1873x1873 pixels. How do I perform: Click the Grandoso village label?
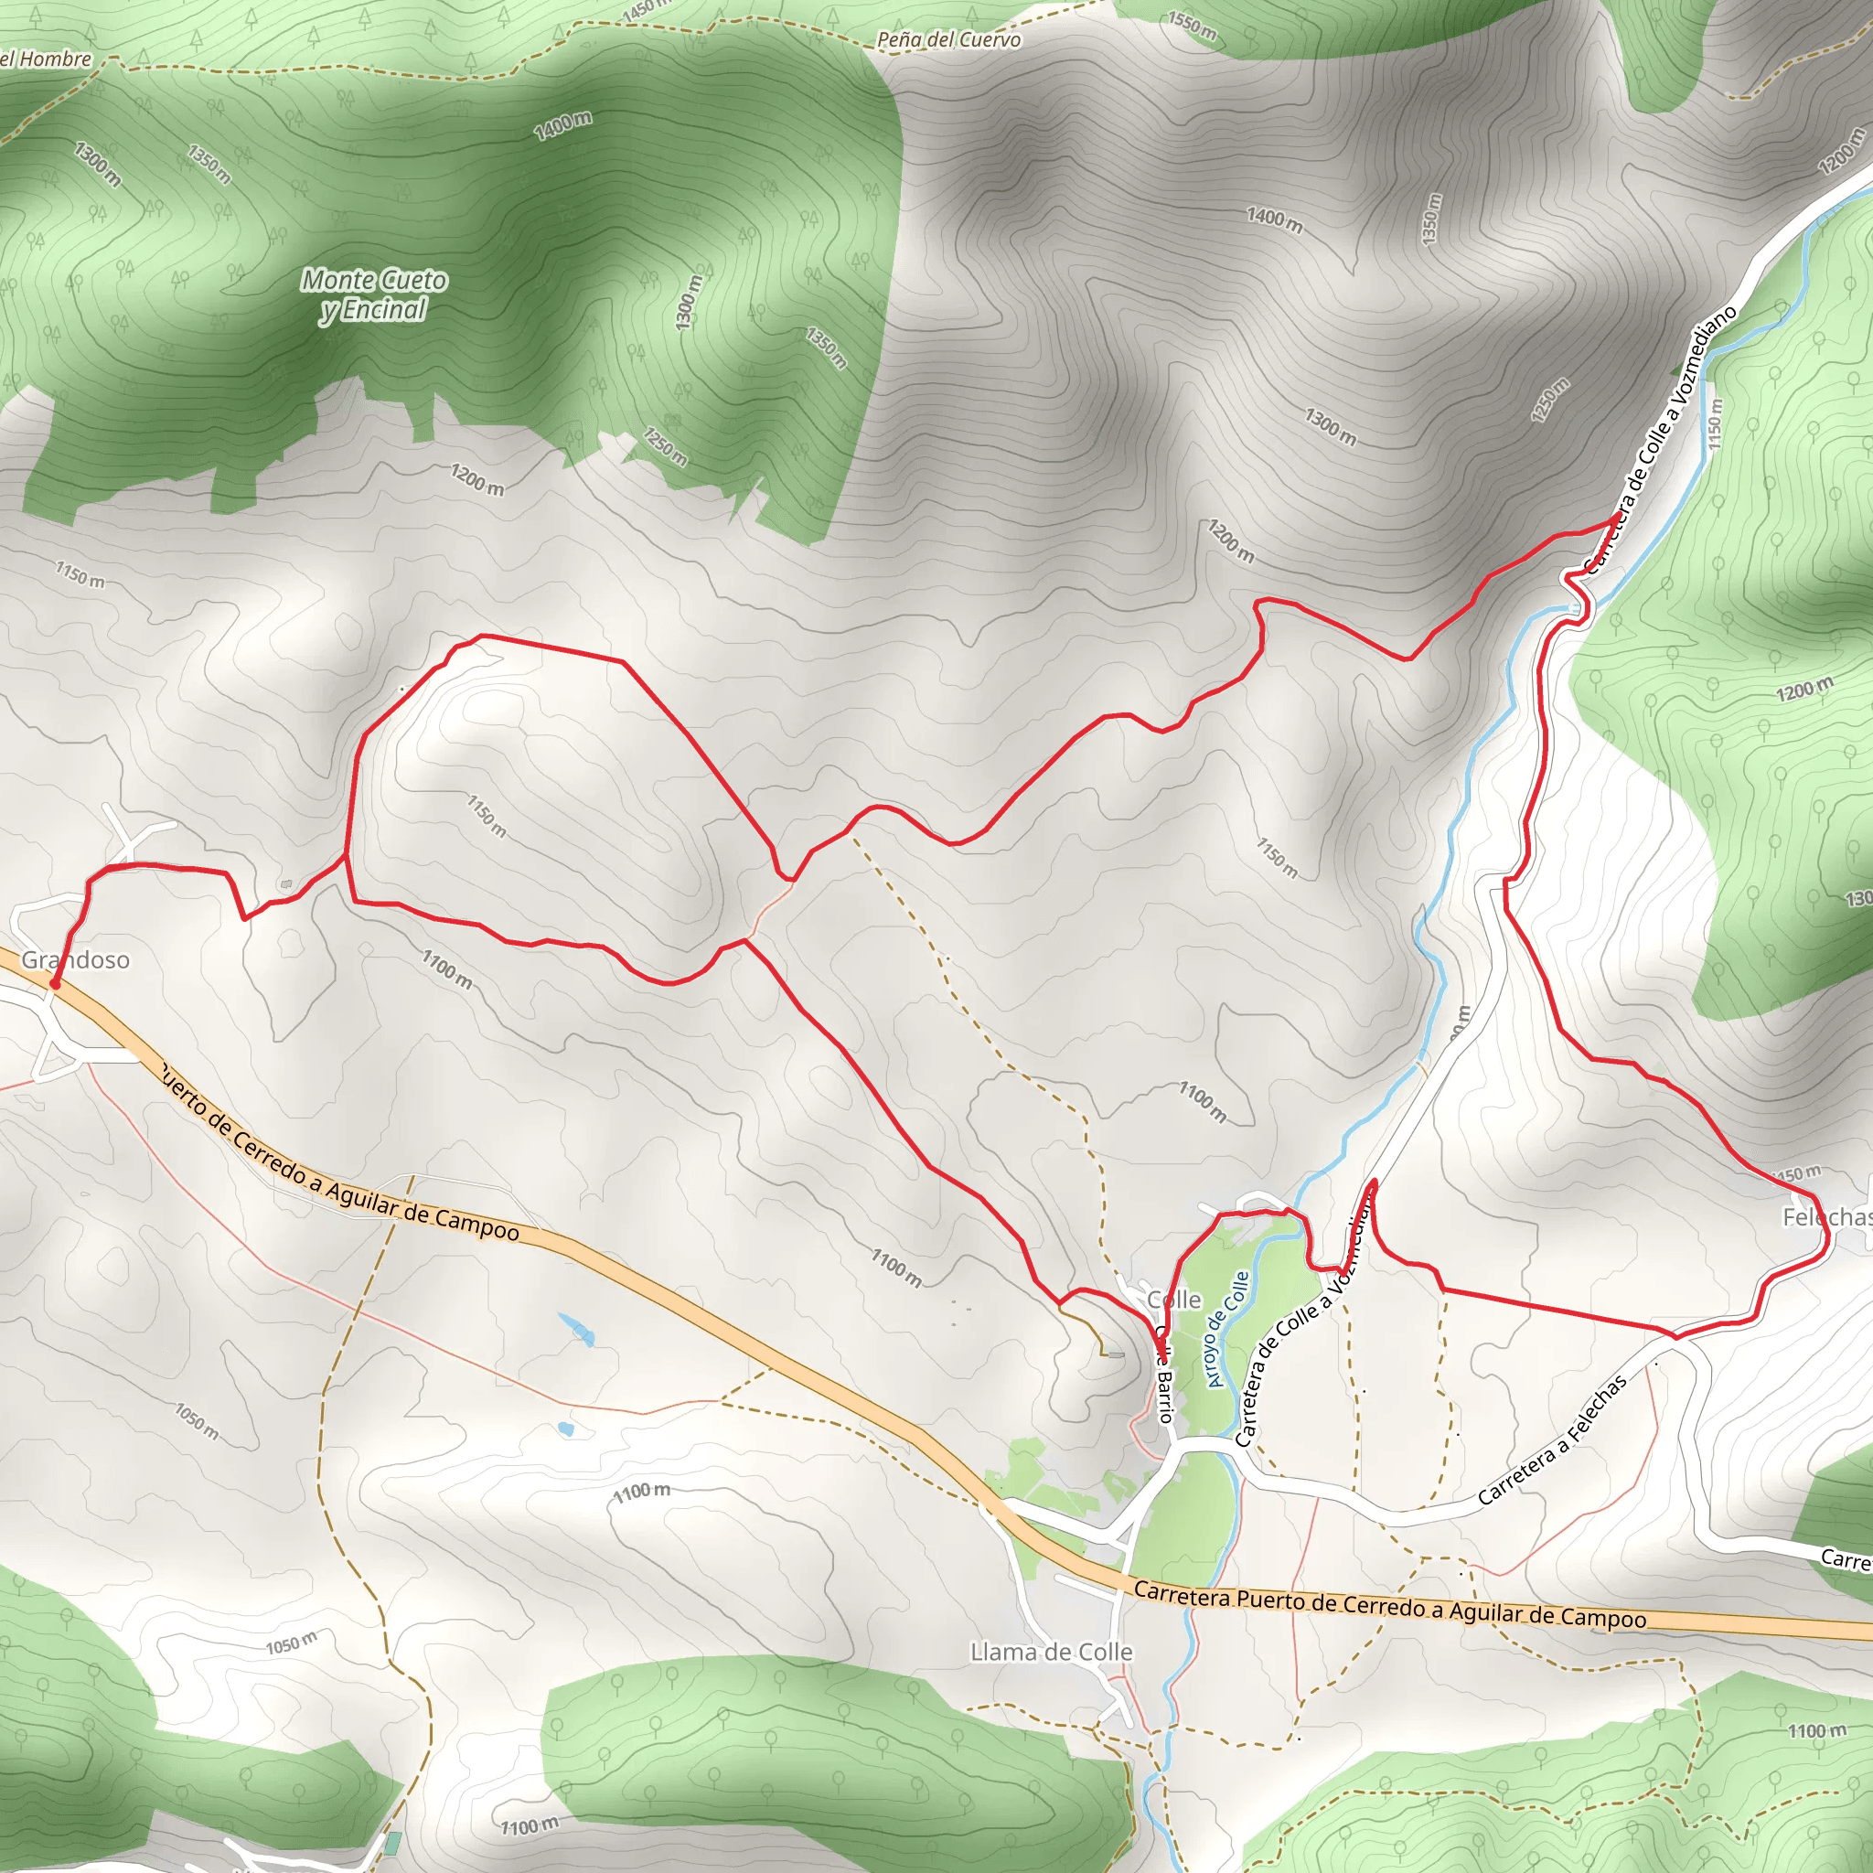coord(76,959)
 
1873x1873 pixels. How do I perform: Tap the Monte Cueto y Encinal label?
coord(373,294)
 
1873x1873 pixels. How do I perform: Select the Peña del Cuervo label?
coord(948,39)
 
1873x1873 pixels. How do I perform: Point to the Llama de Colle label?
coord(1051,1652)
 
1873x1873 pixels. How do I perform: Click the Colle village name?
coord(1173,1299)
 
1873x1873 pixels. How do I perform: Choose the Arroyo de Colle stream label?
coord(1228,1329)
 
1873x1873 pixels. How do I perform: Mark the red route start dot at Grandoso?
coord(55,984)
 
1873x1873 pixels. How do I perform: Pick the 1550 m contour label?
coord(1192,26)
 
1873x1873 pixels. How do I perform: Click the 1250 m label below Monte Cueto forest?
coord(665,446)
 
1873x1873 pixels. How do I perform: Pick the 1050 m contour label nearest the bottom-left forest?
coord(291,1643)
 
